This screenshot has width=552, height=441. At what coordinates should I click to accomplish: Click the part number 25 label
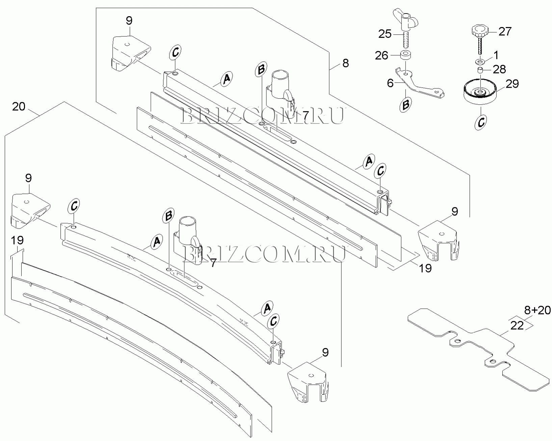(x=385, y=34)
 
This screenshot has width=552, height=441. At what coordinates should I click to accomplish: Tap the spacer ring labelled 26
(x=405, y=55)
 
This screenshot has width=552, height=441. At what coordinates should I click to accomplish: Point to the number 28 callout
(x=499, y=69)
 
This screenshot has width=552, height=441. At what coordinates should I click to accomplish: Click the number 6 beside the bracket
(x=390, y=83)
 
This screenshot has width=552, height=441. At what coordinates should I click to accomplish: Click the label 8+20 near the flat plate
(x=537, y=310)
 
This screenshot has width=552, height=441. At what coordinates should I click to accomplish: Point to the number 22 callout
(x=517, y=326)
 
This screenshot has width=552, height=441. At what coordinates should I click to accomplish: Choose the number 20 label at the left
(x=19, y=107)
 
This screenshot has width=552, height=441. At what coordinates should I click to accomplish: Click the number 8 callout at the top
(x=345, y=63)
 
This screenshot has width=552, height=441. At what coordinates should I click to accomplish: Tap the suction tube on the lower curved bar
(x=187, y=233)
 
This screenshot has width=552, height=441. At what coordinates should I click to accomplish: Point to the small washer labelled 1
(x=479, y=62)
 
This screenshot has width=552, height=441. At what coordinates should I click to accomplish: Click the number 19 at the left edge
(x=17, y=240)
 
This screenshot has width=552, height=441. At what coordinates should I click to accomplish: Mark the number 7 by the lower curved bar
(x=213, y=263)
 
